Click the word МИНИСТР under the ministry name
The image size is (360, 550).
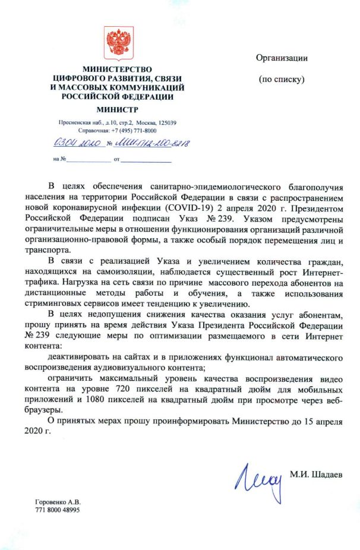click(x=117, y=109)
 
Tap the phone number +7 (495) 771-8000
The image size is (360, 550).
click(x=134, y=130)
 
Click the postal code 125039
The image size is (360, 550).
click(x=171, y=122)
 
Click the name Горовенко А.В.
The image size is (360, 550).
click(x=58, y=502)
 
